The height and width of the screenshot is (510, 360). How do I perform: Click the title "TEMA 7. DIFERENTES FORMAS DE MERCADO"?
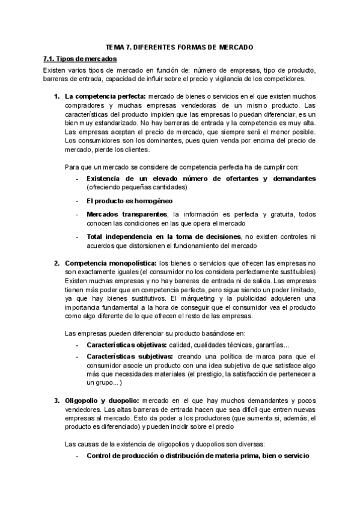click(180, 47)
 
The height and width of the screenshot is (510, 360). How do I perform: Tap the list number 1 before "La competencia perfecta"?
click(56, 96)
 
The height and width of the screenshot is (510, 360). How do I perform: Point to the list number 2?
click(56, 263)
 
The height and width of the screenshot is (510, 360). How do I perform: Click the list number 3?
click(56, 401)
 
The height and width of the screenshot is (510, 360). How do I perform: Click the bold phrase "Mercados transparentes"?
click(127, 214)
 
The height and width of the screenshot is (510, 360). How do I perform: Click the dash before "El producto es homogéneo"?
click(77, 200)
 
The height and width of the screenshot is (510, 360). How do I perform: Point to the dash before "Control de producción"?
click(77, 456)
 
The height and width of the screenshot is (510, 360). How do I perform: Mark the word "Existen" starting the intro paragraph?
click(55, 70)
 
